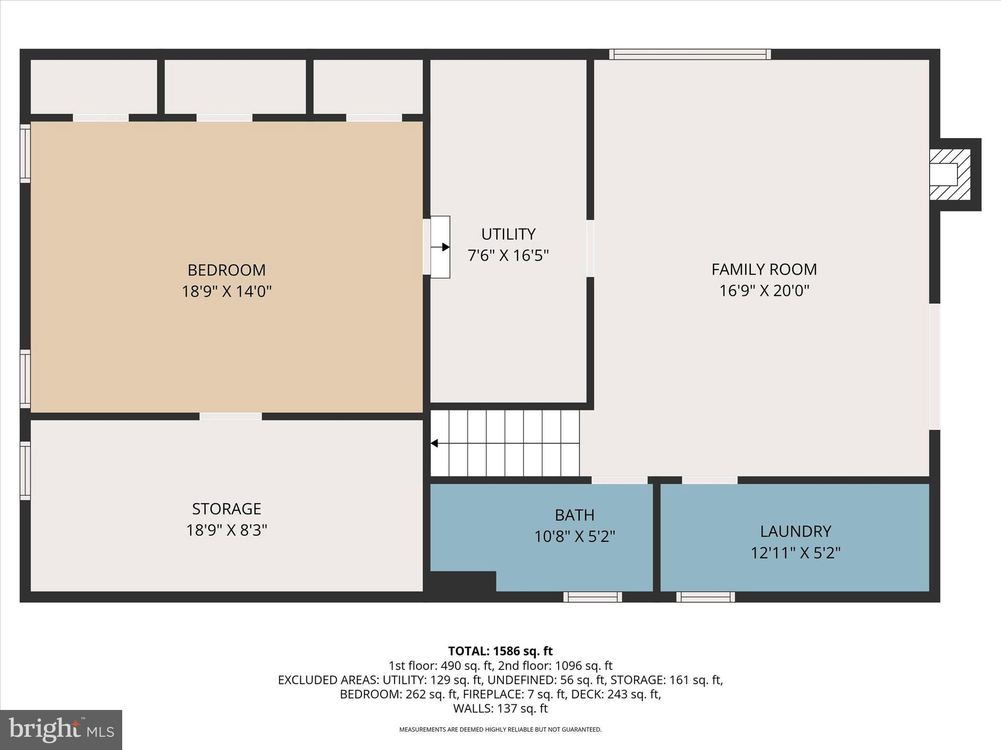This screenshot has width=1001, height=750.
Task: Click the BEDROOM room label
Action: (x=226, y=270)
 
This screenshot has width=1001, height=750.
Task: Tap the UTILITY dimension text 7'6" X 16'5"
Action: (x=508, y=255)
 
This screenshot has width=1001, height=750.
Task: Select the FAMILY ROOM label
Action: (x=764, y=270)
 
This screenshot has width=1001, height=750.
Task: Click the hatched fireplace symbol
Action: (x=949, y=175)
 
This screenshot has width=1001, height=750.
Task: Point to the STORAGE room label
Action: (x=226, y=509)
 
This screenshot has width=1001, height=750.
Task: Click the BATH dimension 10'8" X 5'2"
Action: (x=574, y=537)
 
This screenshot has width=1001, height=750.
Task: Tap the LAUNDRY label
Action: (x=795, y=531)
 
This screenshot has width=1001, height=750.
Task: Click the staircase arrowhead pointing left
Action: (x=434, y=443)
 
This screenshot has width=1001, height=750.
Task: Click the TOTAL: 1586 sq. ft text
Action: (x=500, y=651)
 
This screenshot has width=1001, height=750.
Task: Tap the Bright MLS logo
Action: (x=61, y=729)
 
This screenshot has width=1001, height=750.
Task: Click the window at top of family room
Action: (x=690, y=54)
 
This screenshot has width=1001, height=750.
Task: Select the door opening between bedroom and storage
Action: (x=231, y=417)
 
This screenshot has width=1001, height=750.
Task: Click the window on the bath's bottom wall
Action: (x=592, y=597)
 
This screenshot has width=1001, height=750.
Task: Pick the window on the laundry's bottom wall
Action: (x=705, y=597)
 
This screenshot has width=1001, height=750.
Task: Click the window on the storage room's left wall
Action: (x=25, y=471)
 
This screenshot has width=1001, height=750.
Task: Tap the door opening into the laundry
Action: (x=709, y=480)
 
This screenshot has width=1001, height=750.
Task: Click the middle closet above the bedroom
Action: (x=235, y=86)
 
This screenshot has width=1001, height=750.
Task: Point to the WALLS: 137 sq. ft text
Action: (x=500, y=708)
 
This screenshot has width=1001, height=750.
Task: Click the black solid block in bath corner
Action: (x=462, y=582)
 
